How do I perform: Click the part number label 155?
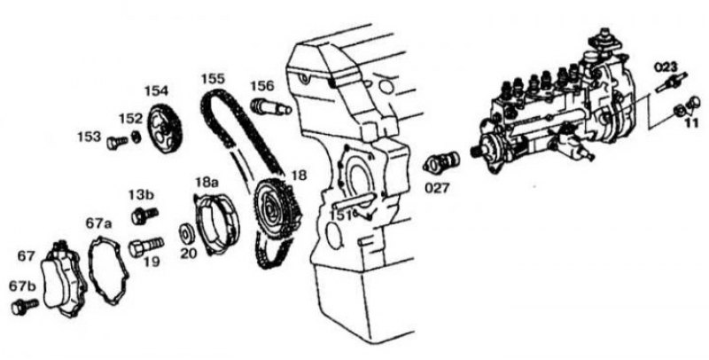pos(213,79)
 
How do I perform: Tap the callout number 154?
pos(156,91)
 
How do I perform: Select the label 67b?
pos(23,286)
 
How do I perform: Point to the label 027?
pos(437,188)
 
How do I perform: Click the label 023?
pos(666,67)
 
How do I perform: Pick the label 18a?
pos(207,183)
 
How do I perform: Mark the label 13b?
pos(141,195)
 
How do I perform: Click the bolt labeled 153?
pos(117,143)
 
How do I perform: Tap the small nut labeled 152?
pos(136,137)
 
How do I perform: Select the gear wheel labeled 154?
pos(165,129)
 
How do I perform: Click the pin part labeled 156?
pos(270,107)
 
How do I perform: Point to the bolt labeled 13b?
pos(144,215)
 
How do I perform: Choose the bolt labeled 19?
pos(146,247)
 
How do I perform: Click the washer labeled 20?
pos(186,233)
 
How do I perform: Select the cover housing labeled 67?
pos(63,280)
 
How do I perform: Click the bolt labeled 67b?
pos(25,307)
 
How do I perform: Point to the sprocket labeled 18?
pos(277,205)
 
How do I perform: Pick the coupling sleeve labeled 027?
pos(441,162)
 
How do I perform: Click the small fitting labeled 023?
pos(671,82)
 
